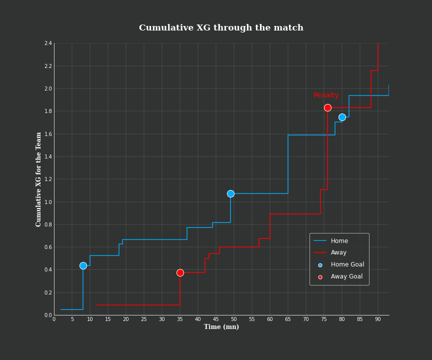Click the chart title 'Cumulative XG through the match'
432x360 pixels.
click(221, 28)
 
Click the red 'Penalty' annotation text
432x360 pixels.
click(326, 95)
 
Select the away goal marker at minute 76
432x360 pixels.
click(327, 107)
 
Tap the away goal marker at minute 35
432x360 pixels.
click(180, 272)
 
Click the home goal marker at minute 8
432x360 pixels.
click(83, 265)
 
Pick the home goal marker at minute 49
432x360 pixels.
click(230, 193)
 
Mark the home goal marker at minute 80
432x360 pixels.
click(342, 117)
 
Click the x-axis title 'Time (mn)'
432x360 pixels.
click(221, 327)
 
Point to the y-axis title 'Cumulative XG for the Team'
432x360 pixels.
click(39, 179)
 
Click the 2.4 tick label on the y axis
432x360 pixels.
click(48, 43)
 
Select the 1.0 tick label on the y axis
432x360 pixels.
click(48, 202)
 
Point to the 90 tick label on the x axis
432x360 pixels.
click(377, 319)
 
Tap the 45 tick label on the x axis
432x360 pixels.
click(216, 319)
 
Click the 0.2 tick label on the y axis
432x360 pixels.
click(48, 292)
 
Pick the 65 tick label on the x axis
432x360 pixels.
click(288, 319)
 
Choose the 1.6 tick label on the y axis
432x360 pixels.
click(48, 134)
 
